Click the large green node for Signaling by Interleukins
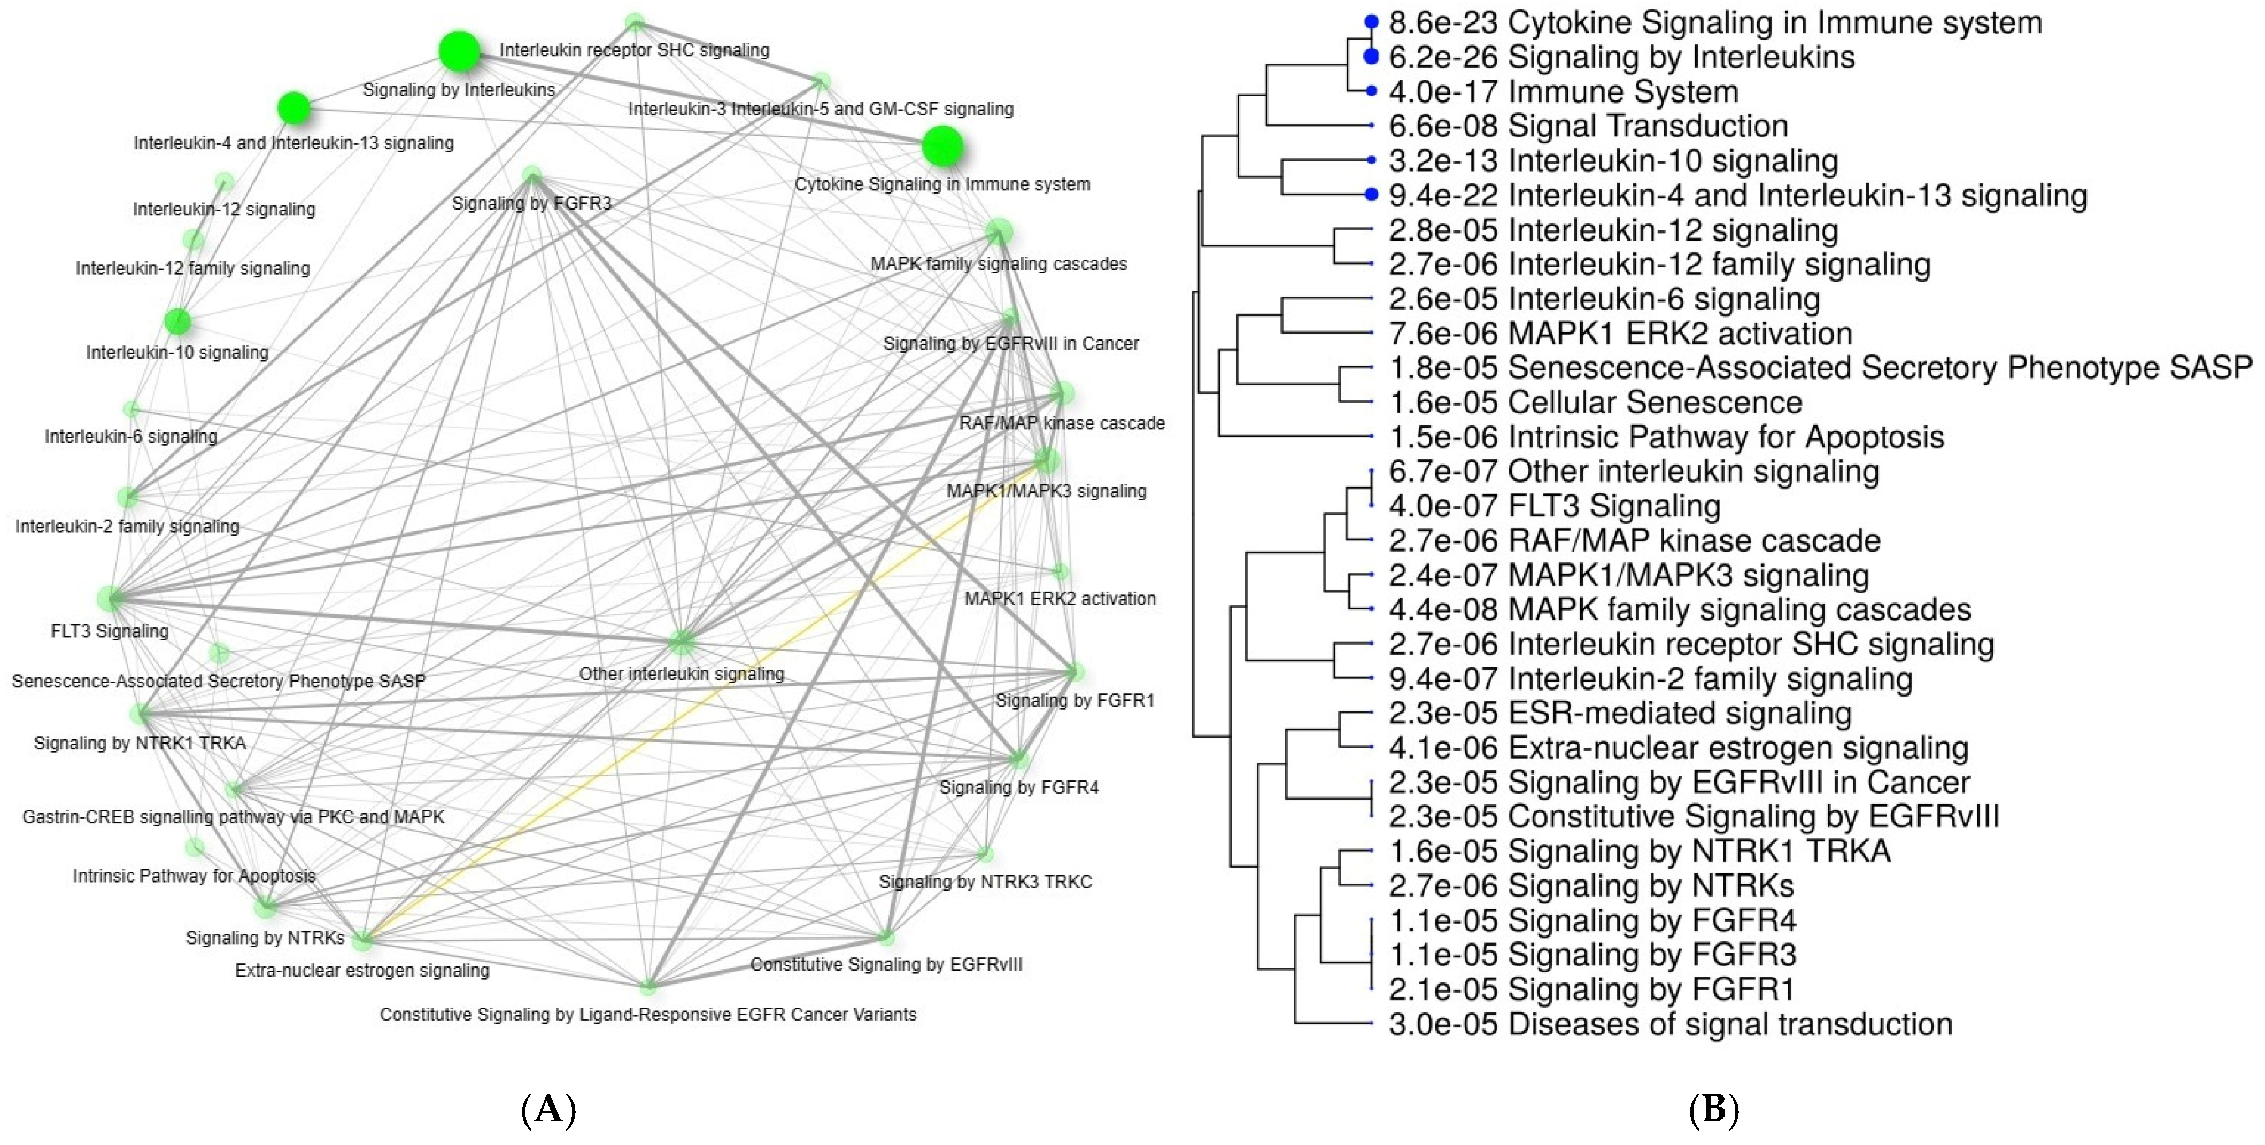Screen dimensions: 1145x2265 (460, 52)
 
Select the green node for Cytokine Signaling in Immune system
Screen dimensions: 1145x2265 (942, 146)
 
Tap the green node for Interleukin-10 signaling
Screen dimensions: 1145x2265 (177, 322)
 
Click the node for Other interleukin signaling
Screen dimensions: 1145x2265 (682, 643)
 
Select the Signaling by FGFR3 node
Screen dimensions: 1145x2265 (531, 175)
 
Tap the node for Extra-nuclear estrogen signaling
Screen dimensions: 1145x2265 (362, 941)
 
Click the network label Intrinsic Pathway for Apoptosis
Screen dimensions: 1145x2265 (194, 876)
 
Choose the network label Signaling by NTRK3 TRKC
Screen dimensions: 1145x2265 (985, 881)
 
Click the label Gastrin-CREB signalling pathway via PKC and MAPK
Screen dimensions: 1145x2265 (233, 817)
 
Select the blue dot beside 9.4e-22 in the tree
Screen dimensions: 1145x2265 (1371, 195)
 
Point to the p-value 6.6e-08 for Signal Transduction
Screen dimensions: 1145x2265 (1442, 126)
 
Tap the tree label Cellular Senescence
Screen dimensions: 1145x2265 (1655, 402)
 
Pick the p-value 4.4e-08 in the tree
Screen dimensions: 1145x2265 (1442, 609)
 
